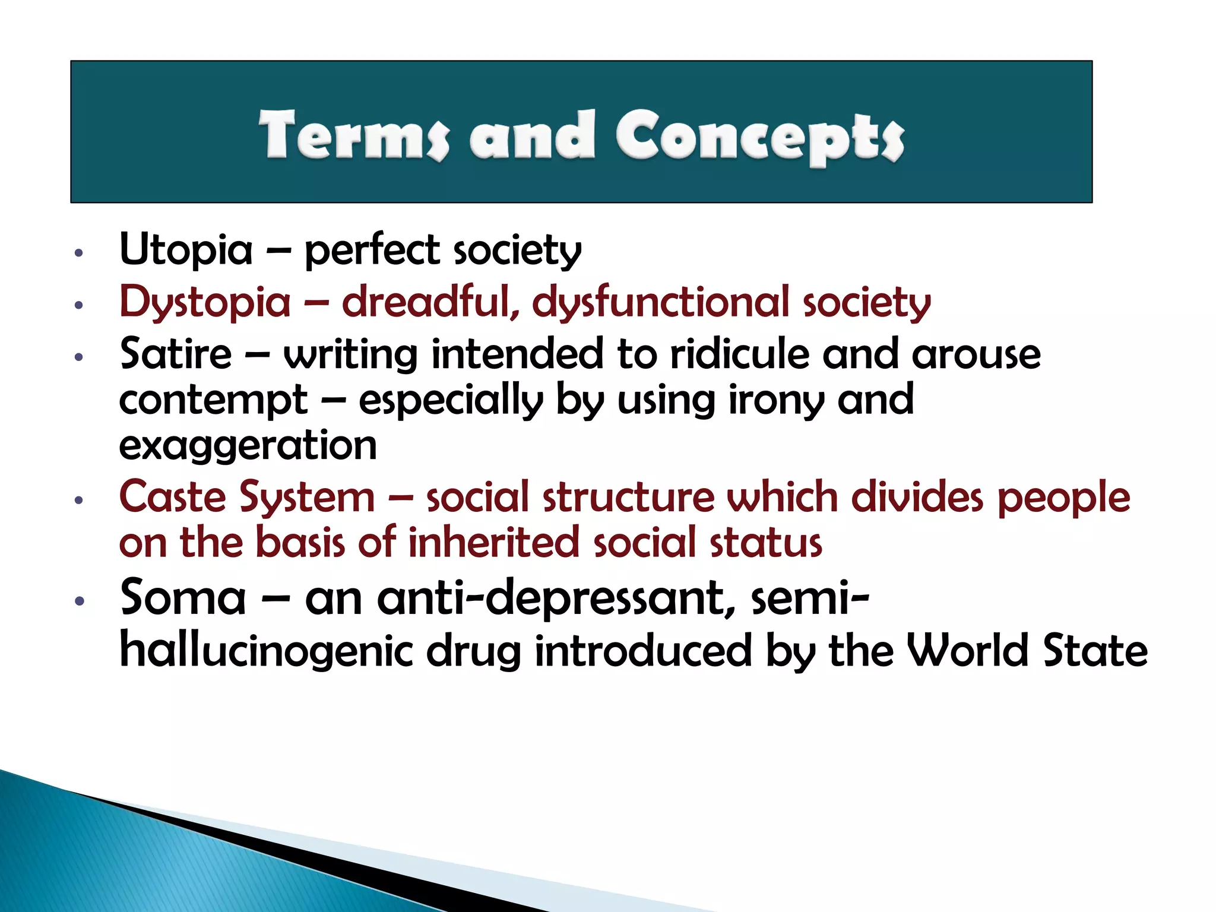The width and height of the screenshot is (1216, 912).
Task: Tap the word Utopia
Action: pos(186,249)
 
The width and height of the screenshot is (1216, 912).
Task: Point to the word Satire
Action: pos(176,354)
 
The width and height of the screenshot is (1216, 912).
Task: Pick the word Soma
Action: pos(183,597)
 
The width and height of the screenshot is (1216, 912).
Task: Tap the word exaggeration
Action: pos(248,446)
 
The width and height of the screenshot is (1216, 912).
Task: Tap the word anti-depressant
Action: pos(550,598)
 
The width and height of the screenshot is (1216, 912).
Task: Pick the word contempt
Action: pos(213,401)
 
